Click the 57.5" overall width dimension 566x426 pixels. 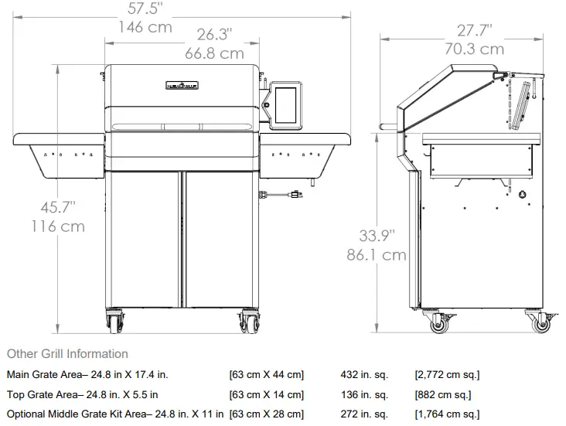(x=145, y=9)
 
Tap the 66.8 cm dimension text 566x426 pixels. (x=215, y=53)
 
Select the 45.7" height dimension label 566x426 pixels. (x=58, y=207)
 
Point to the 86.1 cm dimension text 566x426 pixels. (x=377, y=255)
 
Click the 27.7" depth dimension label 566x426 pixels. (x=474, y=30)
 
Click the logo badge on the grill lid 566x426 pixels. (x=182, y=85)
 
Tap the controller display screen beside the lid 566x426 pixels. (x=285, y=105)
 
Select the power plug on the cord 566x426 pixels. (x=296, y=195)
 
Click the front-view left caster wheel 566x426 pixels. (x=115, y=322)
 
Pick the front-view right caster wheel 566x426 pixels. (x=250, y=322)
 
